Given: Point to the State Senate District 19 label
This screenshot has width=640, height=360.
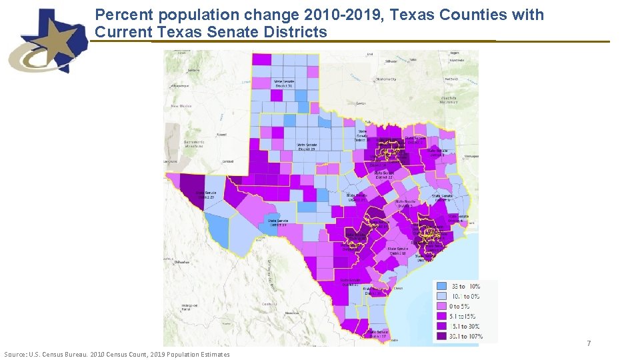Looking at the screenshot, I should pyautogui.click(x=277, y=223).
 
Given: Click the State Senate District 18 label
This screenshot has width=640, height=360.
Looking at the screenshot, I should pyautogui.click(x=398, y=251).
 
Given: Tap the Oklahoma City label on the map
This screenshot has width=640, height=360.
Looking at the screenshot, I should pyautogui.click(x=385, y=79).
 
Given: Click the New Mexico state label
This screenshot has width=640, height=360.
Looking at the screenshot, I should pyautogui.click(x=182, y=106).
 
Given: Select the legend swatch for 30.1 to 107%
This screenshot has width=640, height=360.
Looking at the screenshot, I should pyautogui.click(x=442, y=337).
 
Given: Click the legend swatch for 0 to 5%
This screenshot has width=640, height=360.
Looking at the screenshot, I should pyautogui.click(x=442, y=306).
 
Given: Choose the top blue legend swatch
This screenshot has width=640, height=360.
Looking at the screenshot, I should pyautogui.click(x=442, y=285).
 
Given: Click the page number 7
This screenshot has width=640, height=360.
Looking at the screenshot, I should pyautogui.click(x=588, y=343).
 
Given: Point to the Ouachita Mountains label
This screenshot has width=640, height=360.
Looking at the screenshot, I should pyautogui.click(x=449, y=100).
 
